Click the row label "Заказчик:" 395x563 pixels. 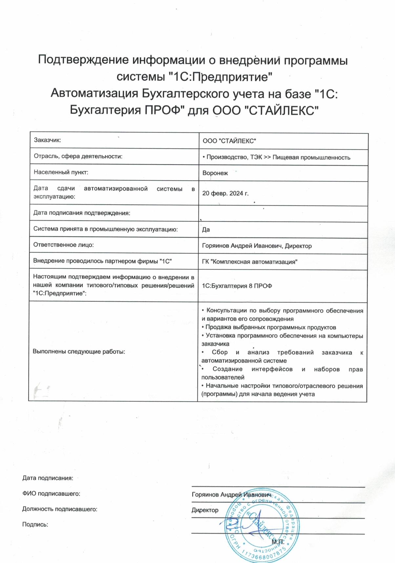(48, 140)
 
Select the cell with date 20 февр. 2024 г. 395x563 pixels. (225, 193)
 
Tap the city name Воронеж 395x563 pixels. (215, 173)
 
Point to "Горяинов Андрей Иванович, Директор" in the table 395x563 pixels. (257, 246)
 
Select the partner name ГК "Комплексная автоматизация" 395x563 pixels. (250, 262)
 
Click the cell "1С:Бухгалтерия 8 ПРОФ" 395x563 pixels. (237, 286)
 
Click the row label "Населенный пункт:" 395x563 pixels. (61, 172)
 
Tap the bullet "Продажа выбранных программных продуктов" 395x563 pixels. (270, 327)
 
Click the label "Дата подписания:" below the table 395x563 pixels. (48, 478)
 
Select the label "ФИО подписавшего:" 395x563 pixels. (51, 493)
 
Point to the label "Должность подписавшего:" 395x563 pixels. (60, 509)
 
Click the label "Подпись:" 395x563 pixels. (35, 525)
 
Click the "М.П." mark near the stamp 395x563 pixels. (278, 542)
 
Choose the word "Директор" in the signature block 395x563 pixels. (205, 510)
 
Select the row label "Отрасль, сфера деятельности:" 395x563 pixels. (78, 156)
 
